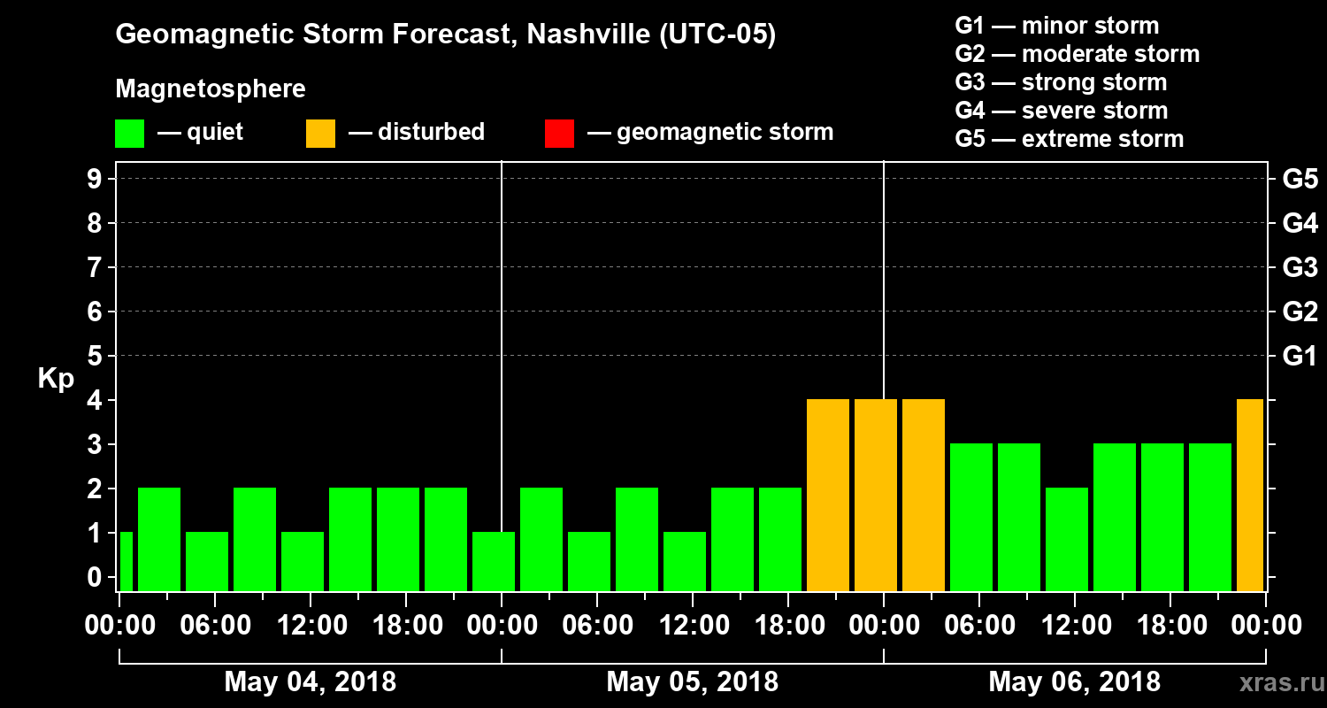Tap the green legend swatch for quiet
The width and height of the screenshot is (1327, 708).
[x=129, y=134]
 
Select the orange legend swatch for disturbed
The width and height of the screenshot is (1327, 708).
[x=320, y=134]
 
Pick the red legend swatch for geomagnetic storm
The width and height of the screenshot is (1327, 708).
[x=559, y=134]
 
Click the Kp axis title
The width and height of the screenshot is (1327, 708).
[x=56, y=378]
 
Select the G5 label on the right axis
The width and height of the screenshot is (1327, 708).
[x=1300, y=180]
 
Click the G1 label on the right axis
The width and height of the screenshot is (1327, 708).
[x=1300, y=357]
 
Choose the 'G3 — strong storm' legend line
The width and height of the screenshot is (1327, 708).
[x=1061, y=82]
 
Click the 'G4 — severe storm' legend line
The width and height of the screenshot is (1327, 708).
[x=1062, y=111]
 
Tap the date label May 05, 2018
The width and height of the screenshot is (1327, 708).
[x=693, y=682]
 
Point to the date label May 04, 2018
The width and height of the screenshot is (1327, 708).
[x=311, y=682]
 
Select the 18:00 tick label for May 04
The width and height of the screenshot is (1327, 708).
[x=406, y=626]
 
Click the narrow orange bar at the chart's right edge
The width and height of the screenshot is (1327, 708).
[x=1249, y=495]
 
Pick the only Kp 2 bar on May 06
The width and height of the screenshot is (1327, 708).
[x=1067, y=539]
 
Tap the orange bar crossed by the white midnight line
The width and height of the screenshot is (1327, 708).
[x=876, y=495]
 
